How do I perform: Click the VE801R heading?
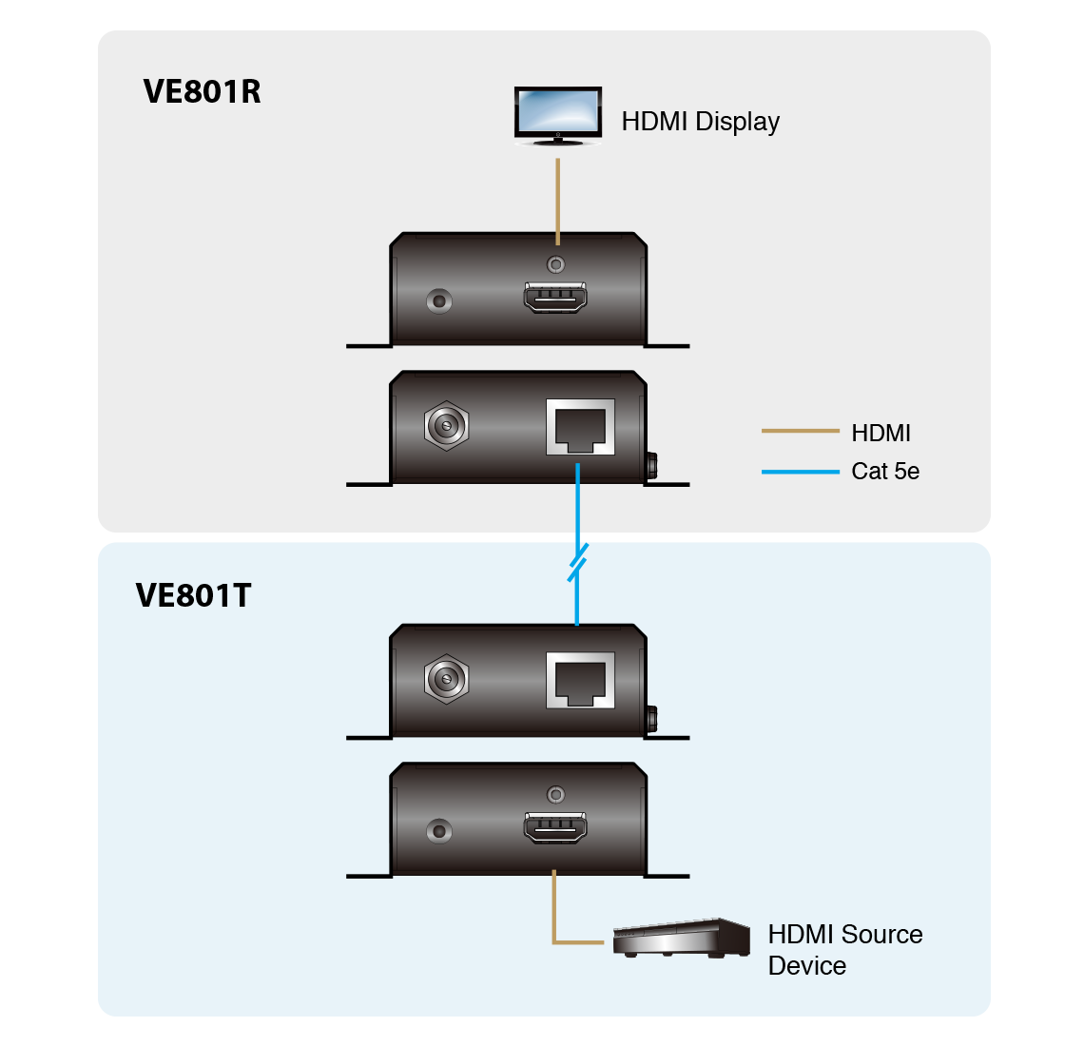202,91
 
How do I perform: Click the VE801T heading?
193,595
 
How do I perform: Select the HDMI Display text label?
700,122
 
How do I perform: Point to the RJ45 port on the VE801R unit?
580,428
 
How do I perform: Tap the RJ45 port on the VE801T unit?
580,681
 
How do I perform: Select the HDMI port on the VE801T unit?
554,828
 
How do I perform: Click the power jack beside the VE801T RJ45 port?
446,679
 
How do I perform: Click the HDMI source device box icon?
681,939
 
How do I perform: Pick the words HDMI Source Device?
844,949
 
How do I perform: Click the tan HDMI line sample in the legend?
800,432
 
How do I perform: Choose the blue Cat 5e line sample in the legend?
800,471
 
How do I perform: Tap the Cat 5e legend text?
885,472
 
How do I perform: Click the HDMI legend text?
881,434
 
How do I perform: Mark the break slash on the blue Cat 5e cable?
577,562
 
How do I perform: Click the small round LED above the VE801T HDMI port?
556,794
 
